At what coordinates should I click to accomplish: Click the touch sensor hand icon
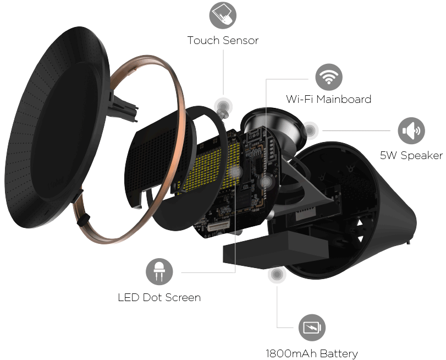(223, 15)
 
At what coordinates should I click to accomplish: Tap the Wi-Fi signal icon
(328, 77)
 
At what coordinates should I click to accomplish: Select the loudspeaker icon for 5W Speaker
(411, 130)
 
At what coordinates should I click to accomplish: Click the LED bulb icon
(159, 272)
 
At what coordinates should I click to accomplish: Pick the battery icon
(312, 328)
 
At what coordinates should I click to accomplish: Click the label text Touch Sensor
(223, 40)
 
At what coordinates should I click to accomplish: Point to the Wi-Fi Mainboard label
(328, 99)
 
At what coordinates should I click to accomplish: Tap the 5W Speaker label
(411, 156)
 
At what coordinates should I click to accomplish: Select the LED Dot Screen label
(159, 298)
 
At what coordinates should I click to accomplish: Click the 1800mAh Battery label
(312, 354)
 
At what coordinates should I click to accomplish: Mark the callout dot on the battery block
(277, 274)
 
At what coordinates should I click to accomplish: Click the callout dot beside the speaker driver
(310, 130)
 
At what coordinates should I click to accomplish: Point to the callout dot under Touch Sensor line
(223, 107)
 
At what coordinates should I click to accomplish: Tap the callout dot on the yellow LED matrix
(235, 172)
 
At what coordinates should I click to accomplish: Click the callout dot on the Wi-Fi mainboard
(266, 182)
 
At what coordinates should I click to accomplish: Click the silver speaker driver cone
(273, 128)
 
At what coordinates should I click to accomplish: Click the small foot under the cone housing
(409, 242)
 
